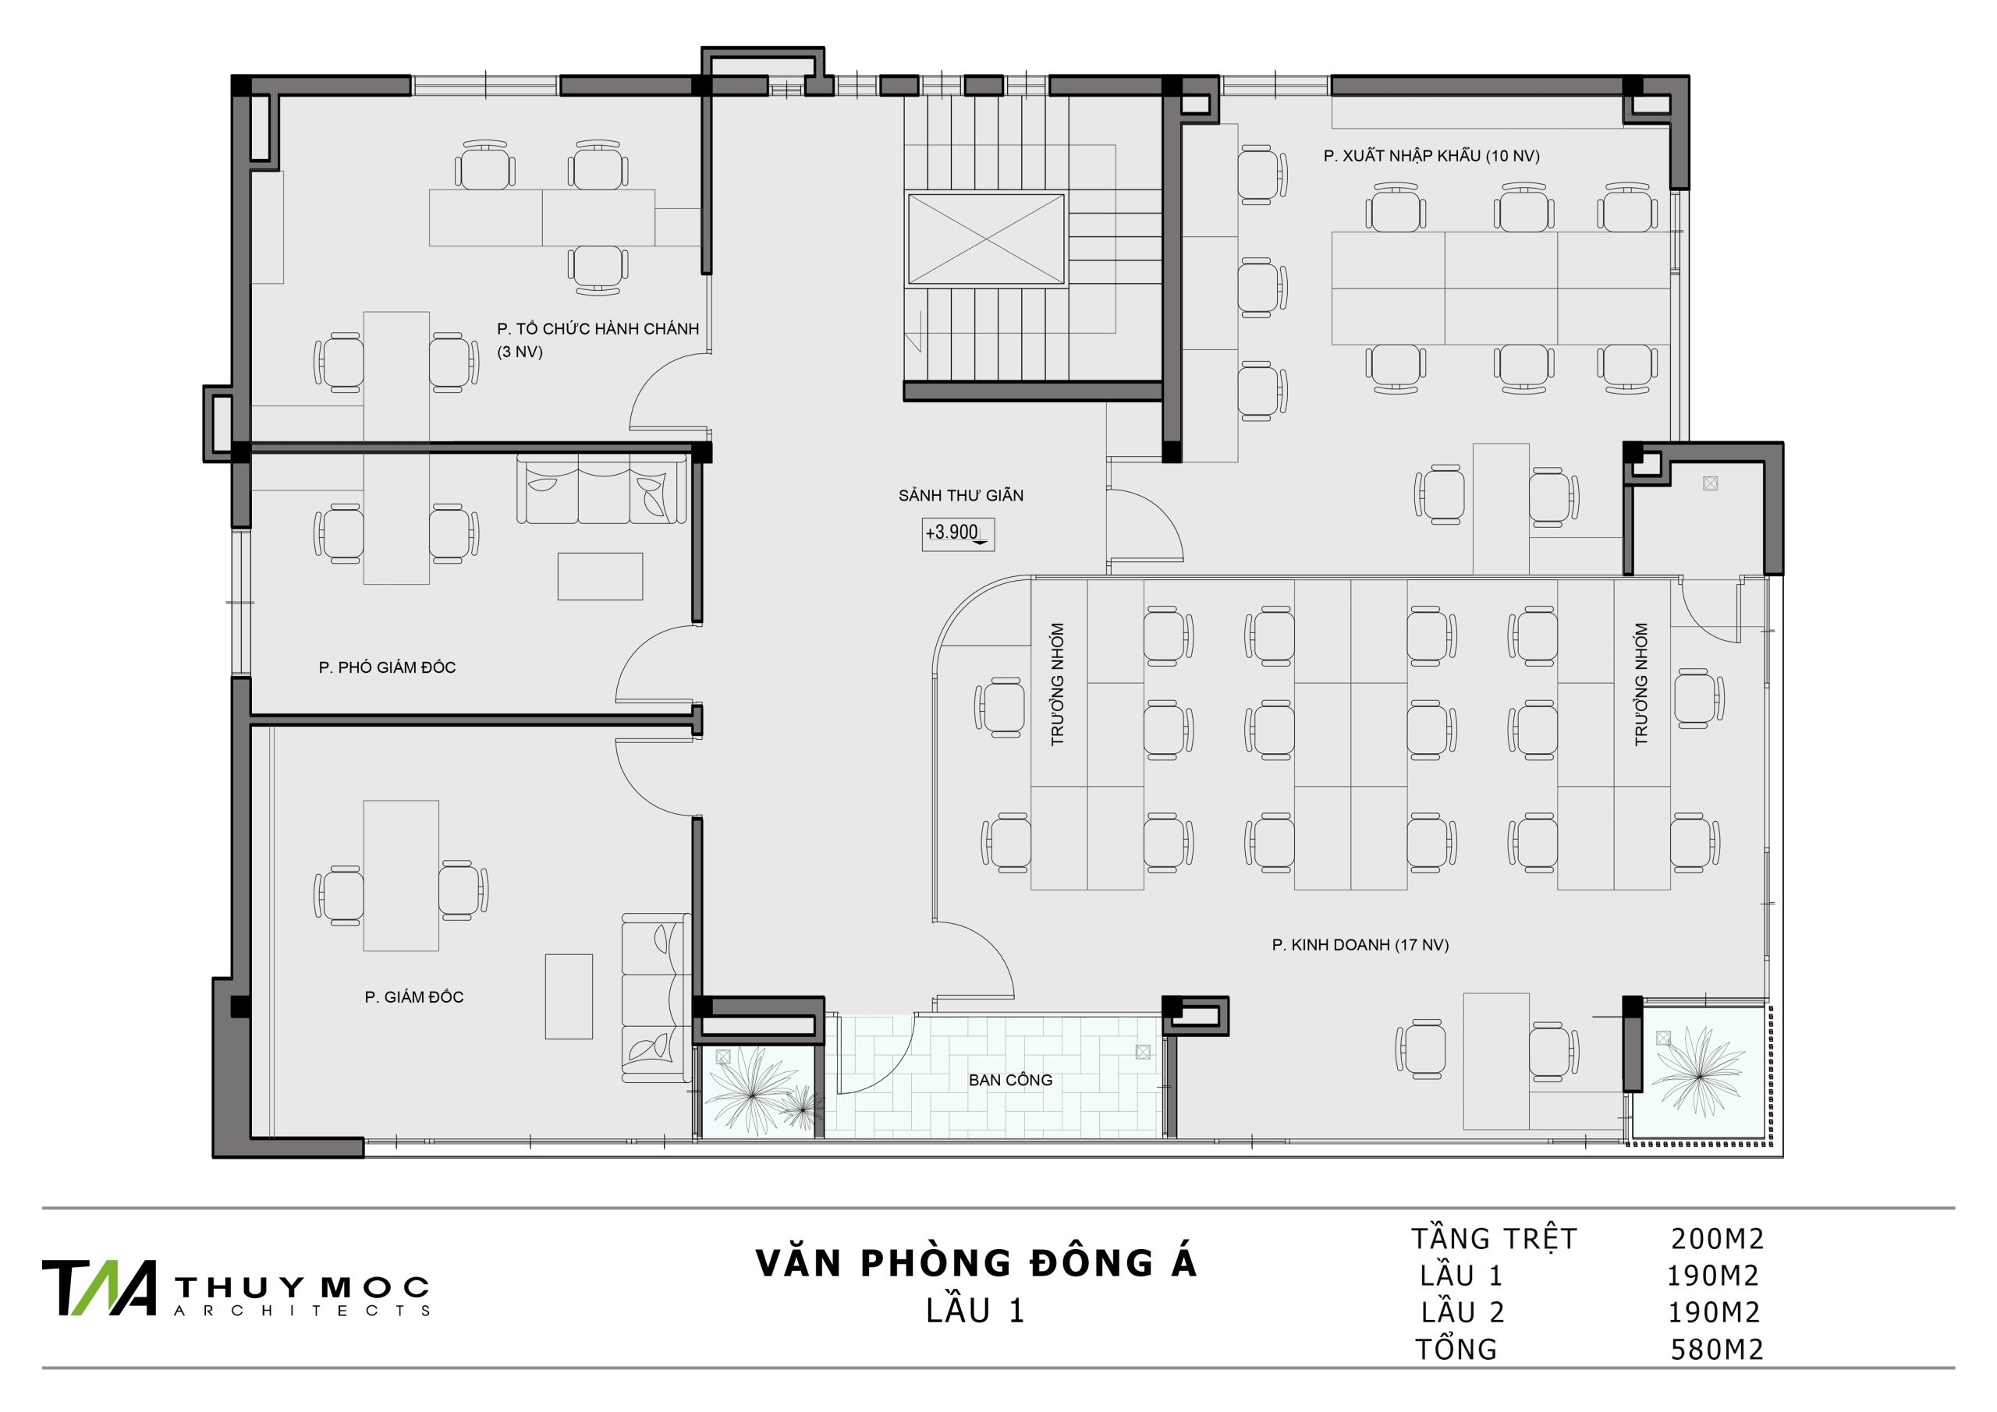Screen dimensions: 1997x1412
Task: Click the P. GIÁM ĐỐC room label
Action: click(x=414, y=997)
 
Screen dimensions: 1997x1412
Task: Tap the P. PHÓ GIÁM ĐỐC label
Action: click(x=387, y=667)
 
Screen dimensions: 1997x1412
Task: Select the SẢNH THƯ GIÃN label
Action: click(x=961, y=496)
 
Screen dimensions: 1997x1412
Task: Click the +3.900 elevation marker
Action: click(x=956, y=534)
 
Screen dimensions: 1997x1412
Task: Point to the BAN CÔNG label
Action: click(x=1011, y=1080)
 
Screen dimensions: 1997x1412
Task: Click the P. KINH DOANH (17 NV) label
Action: click(x=1360, y=945)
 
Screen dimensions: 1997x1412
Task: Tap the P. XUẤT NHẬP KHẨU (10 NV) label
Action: click(x=1431, y=157)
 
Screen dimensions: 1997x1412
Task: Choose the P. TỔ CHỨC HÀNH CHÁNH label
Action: click(x=598, y=330)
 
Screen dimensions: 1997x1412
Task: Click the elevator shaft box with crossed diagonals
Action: click(x=985, y=239)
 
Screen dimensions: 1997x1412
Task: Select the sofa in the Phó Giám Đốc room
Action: click(x=601, y=489)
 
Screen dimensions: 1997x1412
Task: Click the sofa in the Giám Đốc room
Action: click(x=656, y=997)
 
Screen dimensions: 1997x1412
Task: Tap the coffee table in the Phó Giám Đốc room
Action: click(x=600, y=576)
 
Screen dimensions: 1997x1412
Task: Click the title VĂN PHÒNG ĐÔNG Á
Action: click(x=976, y=1263)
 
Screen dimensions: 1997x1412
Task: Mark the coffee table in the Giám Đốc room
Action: click(x=569, y=996)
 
